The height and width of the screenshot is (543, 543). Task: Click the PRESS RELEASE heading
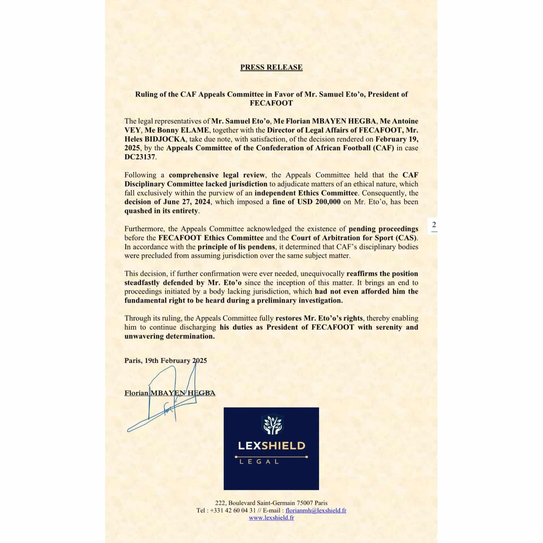(x=271, y=67)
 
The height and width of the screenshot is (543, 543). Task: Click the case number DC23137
(x=140, y=157)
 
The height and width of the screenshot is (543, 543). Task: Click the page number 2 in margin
(x=434, y=225)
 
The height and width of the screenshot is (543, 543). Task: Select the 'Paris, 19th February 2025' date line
(x=165, y=361)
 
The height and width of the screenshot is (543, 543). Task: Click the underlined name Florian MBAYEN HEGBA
(x=170, y=393)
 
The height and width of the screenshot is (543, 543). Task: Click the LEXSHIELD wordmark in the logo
(x=271, y=446)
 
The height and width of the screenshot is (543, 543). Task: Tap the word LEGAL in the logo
(x=259, y=462)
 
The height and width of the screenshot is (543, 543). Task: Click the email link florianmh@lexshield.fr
(x=316, y=518)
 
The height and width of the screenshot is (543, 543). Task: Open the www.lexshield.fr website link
(x=271, y=526)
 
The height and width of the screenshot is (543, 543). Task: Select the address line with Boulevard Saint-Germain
(x=271, y=511)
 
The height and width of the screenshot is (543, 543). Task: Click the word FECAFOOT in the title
(x=271, y=103)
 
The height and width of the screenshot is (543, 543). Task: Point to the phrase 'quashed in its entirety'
(x=162, y=211)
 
